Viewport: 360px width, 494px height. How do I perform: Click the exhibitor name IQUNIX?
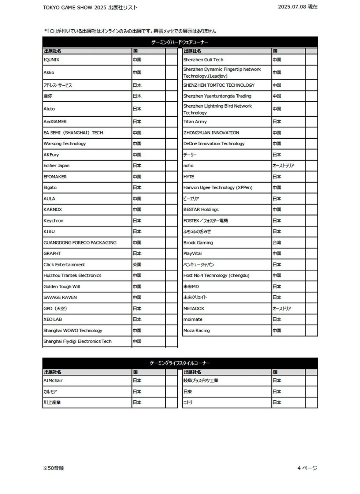52,60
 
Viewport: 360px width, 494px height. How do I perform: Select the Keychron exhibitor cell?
53,221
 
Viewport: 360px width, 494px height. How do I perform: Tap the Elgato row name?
50,188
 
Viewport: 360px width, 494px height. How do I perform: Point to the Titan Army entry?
195,121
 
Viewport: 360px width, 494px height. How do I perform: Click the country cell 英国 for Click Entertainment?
137,265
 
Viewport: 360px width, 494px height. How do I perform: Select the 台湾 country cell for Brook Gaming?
277,243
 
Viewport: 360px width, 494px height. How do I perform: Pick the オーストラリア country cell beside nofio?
283,166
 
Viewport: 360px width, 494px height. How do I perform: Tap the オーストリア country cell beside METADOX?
282,308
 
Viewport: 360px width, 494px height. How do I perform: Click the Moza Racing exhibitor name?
197,330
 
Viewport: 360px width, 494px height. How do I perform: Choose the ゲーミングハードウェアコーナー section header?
180,42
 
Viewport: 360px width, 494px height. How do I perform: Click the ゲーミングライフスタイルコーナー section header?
180,363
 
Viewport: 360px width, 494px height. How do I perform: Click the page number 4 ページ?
307,468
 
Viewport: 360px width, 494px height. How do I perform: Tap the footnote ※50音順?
53,468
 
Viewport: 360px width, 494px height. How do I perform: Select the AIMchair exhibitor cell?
53,381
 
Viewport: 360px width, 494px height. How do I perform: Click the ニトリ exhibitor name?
188,403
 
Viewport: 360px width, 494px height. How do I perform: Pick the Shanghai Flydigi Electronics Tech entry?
78,341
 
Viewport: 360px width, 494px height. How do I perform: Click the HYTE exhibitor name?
189,177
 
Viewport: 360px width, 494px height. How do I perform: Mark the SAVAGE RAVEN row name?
60,297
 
